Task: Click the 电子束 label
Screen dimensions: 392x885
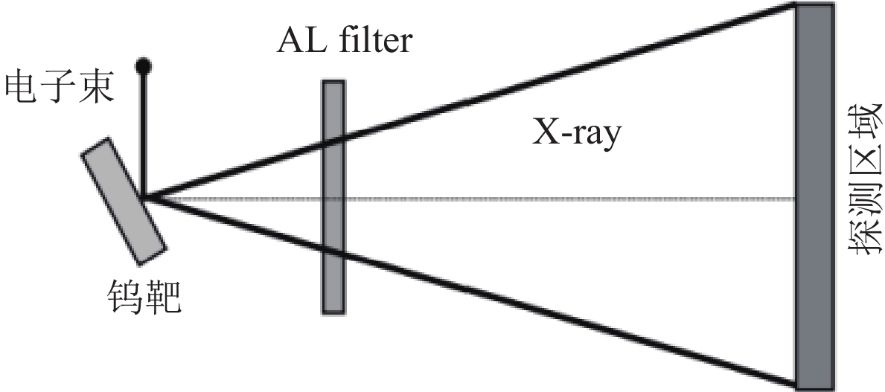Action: (58, 87)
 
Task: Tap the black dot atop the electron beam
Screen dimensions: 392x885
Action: (144, 66)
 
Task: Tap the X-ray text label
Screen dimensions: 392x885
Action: (575, 135)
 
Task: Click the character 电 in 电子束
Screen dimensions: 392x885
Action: (21, 87)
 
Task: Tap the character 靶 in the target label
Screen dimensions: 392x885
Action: (162, 298)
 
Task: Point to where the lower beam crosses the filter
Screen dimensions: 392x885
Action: (333, 253)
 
